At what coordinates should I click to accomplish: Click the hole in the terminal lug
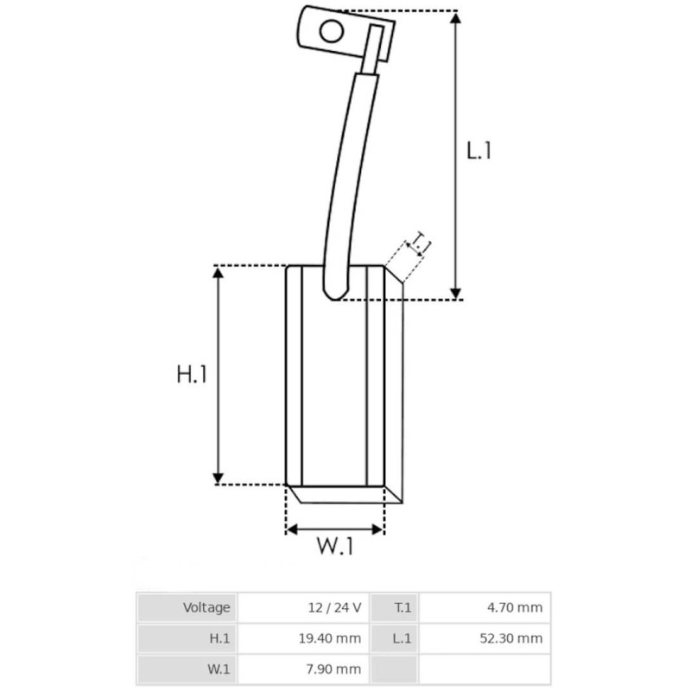[x=331, y=32]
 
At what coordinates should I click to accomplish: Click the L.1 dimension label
[x=479, y=150]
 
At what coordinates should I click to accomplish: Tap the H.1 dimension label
[x=191, y=375]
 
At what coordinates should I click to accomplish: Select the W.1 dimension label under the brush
[x=334, y=547]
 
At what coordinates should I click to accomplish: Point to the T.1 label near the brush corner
[x=421, y=243]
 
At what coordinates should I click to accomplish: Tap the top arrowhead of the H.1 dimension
[x=219, y=273]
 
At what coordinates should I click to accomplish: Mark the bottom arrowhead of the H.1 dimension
[x=219, y=477]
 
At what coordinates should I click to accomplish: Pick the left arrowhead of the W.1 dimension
[x=293, y=529]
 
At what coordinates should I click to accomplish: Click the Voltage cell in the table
[x=206, y=607]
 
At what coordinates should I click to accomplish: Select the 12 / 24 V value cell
[x=333, y=607]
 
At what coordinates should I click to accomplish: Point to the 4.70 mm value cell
[x=514, y=607]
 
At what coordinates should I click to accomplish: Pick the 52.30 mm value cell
[x=510, y=638]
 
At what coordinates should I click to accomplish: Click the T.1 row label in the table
[x=403, y=607]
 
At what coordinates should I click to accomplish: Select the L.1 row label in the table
[x=403, y=638]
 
